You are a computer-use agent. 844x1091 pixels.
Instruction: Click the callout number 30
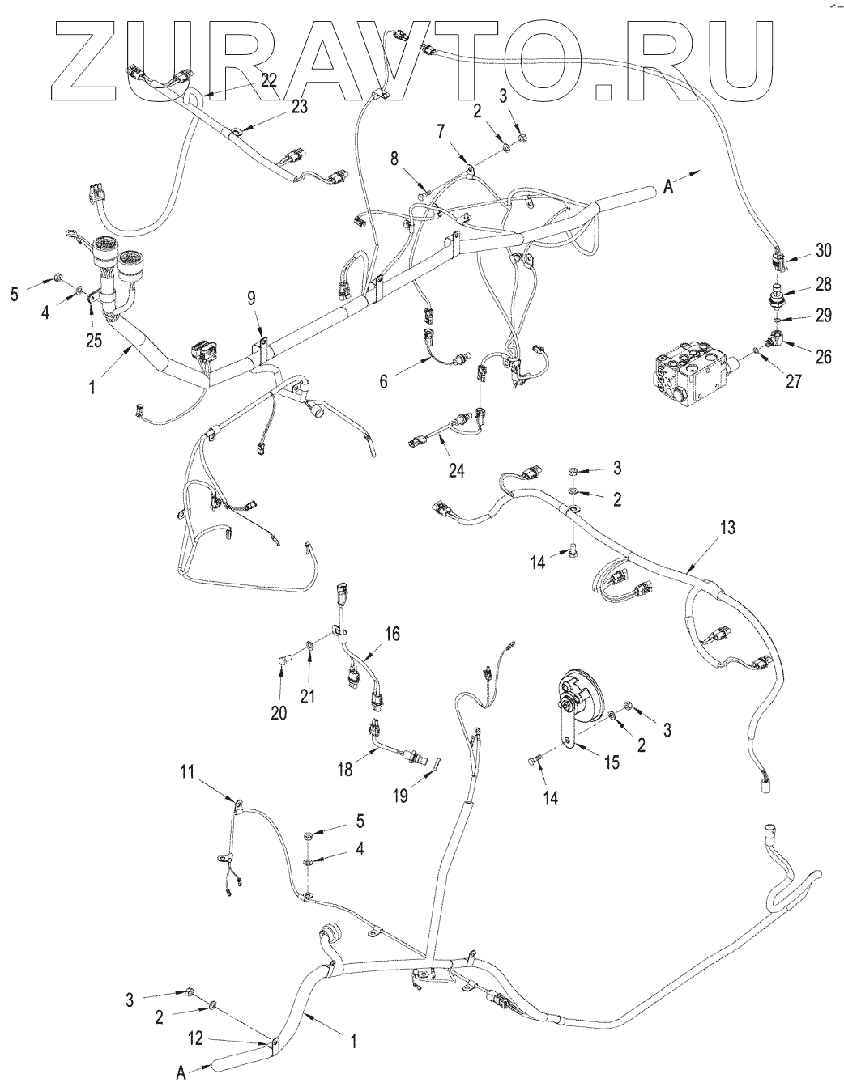(823, 251)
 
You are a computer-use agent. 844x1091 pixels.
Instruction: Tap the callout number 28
(823, 285)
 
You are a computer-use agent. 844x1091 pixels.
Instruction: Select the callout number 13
(727, 528)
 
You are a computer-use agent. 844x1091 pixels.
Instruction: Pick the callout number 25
(94, 341)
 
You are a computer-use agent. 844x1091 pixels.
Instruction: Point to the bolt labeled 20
(281, 664)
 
